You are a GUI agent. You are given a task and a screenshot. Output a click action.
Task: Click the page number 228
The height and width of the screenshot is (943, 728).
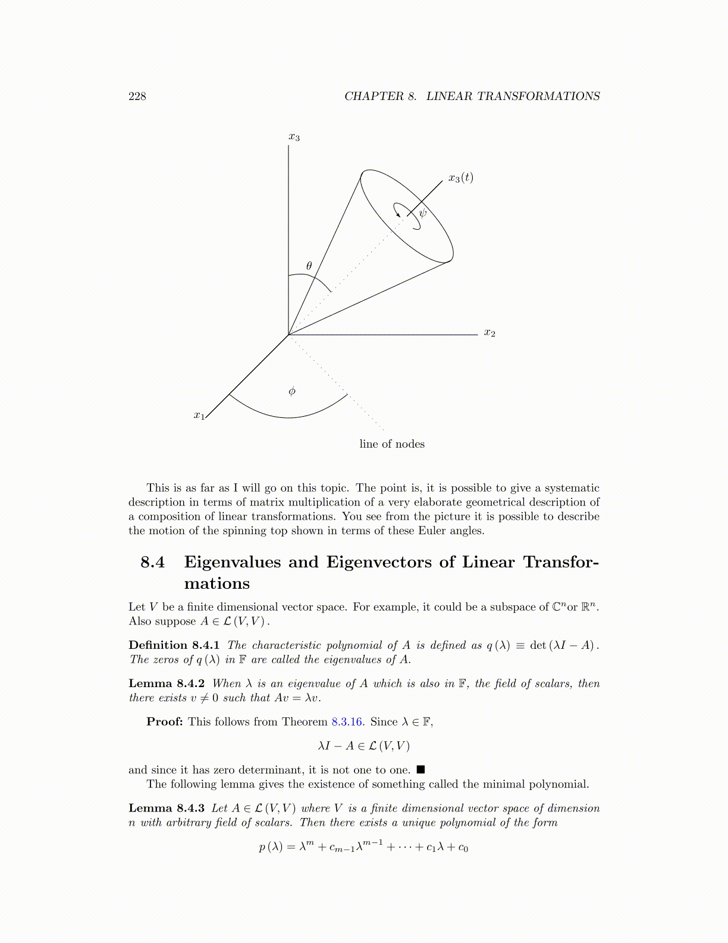click(x=137, y=96)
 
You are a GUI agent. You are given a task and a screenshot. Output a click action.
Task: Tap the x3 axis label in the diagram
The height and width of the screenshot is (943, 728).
click(x=294, y=138)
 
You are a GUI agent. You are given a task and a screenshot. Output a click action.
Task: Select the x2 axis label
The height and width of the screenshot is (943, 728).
click(x=489, y=333)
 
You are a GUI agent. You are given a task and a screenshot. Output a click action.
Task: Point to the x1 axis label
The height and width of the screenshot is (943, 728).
click(x=199, y=416)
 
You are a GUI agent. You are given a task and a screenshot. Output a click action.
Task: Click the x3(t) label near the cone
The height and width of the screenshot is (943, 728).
click(x=460, y=177)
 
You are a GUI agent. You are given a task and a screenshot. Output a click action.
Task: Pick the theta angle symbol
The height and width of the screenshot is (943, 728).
click(x=309, y=266)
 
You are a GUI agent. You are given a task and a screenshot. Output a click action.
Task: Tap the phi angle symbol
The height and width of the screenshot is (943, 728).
click(x=291, y=391)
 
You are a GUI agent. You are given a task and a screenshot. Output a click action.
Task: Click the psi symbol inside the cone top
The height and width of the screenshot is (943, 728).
click(x=422, y=213)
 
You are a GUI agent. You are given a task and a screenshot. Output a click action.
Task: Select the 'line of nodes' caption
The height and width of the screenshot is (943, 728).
click(x=392, y=444)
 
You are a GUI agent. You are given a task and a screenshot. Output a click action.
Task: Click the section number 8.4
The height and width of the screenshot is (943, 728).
click(x=152, y=562)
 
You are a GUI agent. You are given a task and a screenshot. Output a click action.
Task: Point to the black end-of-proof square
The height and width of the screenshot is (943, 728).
click(x=421, y=770)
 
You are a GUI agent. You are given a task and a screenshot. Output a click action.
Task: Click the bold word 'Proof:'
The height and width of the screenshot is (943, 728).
click(x=165, y=722)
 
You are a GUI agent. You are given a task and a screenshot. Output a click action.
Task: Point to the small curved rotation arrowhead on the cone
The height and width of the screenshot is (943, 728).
click(x=398, y=214)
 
